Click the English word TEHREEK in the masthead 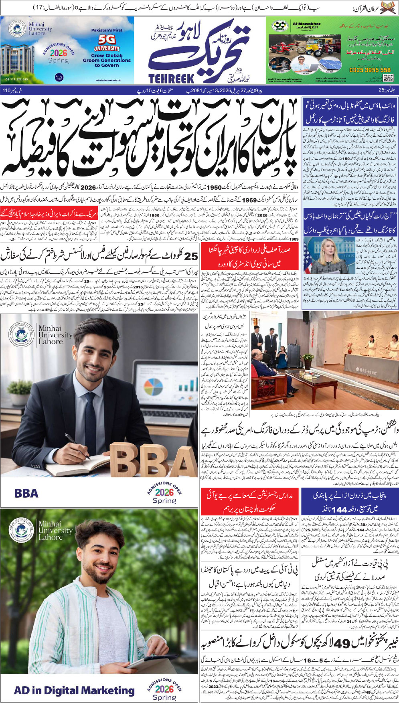171,79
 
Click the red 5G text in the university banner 107,39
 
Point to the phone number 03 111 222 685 17,79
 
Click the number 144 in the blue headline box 336,509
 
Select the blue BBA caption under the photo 26,493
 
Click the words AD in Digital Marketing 74,690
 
